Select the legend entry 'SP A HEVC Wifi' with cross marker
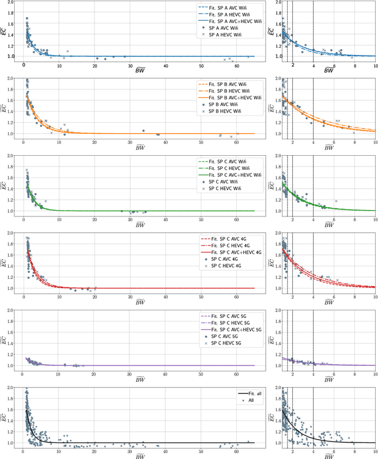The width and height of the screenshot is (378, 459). point(225,35)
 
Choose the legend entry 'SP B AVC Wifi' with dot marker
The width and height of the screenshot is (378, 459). point(225,105)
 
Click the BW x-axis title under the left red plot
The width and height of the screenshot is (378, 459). point(141,302)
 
